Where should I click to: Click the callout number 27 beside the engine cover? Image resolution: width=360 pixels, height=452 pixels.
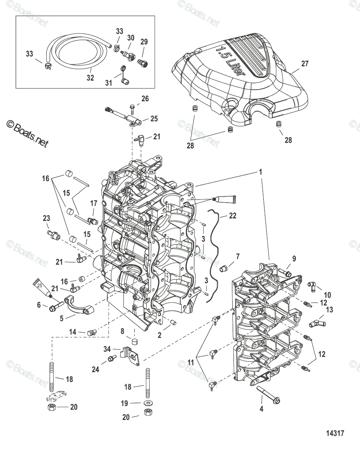pos(305,64)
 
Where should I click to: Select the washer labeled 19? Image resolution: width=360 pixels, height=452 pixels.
pos(146,403)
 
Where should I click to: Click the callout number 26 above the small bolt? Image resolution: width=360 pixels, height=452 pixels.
pos(145,99)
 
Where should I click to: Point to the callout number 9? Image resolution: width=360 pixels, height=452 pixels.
pos(294,259)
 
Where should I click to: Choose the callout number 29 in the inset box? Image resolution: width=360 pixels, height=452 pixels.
pos(144,41)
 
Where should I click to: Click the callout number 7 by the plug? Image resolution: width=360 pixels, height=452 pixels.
pos(237,257)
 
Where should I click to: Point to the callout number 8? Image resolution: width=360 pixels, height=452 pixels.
pos(122,331)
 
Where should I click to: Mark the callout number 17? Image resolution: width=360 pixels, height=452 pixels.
pos(93,203)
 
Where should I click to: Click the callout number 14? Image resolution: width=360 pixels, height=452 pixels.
pos(72,332)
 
